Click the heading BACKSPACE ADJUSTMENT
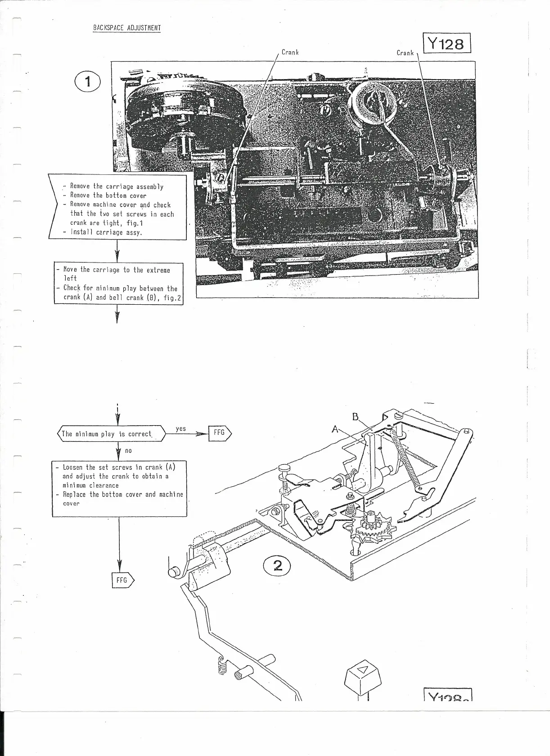[x=126, y=28]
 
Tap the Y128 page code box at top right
[x=446, y=43]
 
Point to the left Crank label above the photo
[x=290, y=52]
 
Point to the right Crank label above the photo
[x=405, y=53]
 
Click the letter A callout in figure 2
[x=335, y=429]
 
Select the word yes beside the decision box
[x=180, y=428]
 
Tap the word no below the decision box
[x=128, y=450]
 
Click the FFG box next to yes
[x=220, y=433]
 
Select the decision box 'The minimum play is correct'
[x=111, y=434]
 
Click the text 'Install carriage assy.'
[x=106, y=232]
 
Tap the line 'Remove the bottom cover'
[x=108, y=196]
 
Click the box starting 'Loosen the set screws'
[x=119, y=488]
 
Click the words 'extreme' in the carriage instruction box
[x=158, y=270]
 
